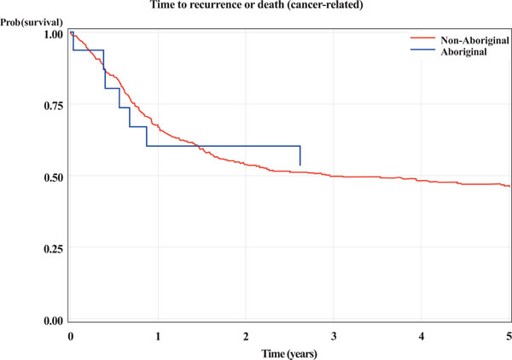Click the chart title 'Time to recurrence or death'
(255, 7)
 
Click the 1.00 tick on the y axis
(53, 35)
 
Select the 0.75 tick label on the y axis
(53, 106)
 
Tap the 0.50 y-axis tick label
(53, 177)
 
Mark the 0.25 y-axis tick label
(53, 249)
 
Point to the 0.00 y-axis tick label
(53, 321)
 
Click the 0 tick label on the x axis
(71, 335)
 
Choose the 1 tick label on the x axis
(159, 335)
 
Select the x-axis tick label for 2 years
(247, 335)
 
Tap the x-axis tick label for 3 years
(335, 335)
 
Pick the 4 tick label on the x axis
(422, 335)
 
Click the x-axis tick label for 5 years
(509, 335)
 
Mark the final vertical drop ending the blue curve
(300, 156)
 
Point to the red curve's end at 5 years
(509, 186)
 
